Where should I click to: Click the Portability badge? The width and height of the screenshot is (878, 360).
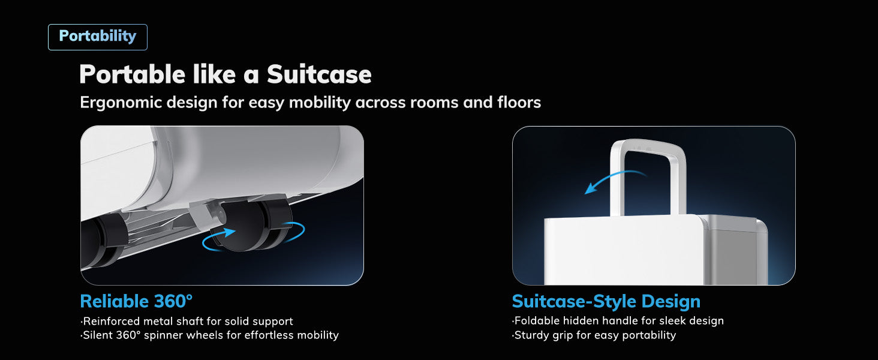(x=98, y=37)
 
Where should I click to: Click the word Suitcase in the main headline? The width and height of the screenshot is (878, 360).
(x=319, y=74)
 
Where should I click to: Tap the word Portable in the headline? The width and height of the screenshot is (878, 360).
(x=132, y=74)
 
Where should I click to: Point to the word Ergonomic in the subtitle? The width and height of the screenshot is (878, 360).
(x=121, y=103)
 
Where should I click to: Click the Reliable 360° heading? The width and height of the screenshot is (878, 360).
(x=136, y=301)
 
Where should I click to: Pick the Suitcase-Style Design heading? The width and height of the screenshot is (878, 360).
(x=606, y=301)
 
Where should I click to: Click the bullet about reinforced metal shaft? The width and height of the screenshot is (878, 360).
(x=187, y=321)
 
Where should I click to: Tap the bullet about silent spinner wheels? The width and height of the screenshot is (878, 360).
(x=210, y=335)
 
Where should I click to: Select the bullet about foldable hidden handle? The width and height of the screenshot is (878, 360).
(x=618, y=321)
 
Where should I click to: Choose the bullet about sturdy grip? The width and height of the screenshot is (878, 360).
(x=594, y=335)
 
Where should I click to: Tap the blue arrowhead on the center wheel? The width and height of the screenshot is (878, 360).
(x=228, y=232)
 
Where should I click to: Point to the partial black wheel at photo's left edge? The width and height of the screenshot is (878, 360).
(x=101, y=242)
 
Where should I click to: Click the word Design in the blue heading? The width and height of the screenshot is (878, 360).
(x=670, y=301)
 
